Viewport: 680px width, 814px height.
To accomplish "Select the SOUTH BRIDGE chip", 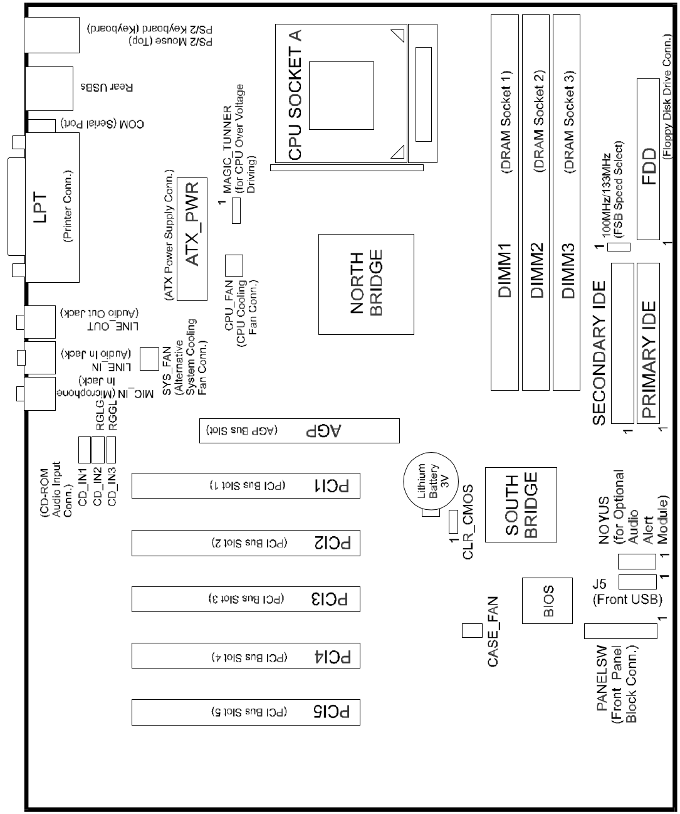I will tap(521, 504).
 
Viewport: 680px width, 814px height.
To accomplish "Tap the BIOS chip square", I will tap(547, 600).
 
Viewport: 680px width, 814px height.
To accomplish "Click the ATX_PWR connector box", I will tap(192, 238).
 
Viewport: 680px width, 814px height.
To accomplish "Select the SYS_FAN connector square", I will tap(148, 358).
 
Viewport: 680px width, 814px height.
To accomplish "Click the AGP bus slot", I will tap(300, 431).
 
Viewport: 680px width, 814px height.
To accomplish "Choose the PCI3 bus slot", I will tap(246, 600).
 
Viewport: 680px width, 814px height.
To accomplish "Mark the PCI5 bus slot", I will tap(246, 712).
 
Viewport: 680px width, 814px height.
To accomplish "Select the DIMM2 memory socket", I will tap(536, 201).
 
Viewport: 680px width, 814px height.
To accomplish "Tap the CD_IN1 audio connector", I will tap(85, 448).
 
